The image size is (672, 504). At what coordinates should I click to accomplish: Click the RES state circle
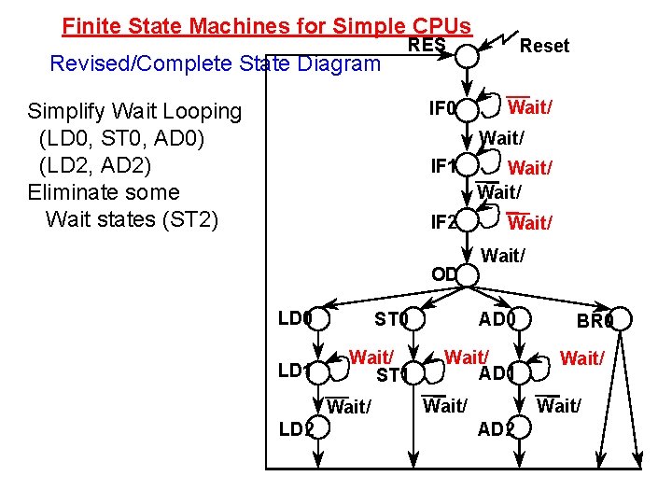pos(467,56)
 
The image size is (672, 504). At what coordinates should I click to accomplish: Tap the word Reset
pos(544,45)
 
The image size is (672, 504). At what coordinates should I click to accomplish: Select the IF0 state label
pos(442,109)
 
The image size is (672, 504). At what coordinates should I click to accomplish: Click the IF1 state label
pos(442,167)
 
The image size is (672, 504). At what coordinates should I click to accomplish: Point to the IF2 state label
pos(442,223)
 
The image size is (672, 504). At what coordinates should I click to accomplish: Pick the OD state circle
pos(468,275)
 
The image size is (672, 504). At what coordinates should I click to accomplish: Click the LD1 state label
pos(293,371)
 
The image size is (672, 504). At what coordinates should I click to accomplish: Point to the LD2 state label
pos(295,428)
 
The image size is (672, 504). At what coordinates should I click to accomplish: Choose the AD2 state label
pos(495,429)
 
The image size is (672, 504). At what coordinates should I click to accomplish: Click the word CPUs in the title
pos(439,25)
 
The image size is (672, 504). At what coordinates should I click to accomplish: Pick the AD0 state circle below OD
pos(522,319)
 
